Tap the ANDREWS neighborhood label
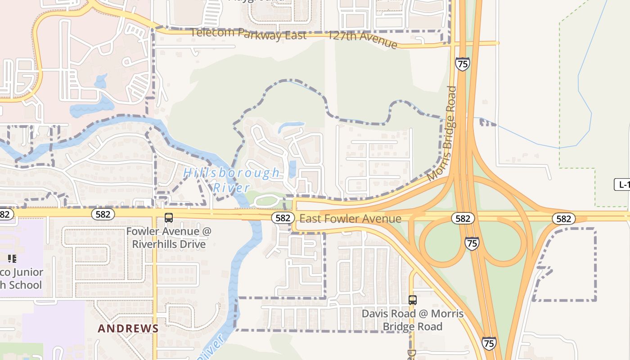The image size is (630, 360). (x=128, y=328)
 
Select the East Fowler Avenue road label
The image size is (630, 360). (x=350, y=219)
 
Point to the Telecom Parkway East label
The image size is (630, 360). (x=248, y=34)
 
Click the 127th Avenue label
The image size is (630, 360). (x=363, y=39)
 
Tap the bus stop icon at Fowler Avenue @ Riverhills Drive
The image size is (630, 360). (x=169, y=218)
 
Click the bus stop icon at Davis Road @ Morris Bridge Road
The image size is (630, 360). (x=412, y=300)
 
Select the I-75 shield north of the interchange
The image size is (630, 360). (x=462, y=64)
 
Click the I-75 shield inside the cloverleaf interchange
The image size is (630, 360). (x=472, y=243)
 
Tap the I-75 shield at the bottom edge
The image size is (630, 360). (x=489, y=343)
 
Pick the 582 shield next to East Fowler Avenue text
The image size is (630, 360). (x=283, y=218)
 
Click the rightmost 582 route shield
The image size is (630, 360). (x=563, y=219)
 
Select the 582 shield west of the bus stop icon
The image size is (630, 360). (x=103, y=214)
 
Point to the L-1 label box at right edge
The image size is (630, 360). (x=622, y=184)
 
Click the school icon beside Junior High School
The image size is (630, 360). (x=12, y=258)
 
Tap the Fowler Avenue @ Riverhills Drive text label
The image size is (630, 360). (x=169, y=238)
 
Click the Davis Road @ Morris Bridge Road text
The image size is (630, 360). (x=413, y=320)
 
